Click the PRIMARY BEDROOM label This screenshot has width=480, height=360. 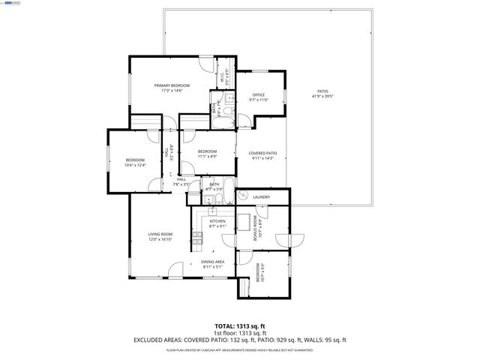172,86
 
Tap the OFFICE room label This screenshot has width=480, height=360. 259,94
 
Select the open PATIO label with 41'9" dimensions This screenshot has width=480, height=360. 322,91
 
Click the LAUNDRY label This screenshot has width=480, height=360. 261,197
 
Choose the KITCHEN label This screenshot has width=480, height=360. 217,221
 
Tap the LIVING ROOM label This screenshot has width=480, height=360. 160,235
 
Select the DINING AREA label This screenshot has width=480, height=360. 213,262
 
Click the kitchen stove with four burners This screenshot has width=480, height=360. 197,239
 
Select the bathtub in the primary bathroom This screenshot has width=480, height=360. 225,117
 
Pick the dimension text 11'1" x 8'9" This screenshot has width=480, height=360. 207,157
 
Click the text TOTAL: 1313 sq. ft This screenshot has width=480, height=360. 240,326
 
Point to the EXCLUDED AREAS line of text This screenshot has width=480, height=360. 240,340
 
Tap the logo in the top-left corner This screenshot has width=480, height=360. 13,4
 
